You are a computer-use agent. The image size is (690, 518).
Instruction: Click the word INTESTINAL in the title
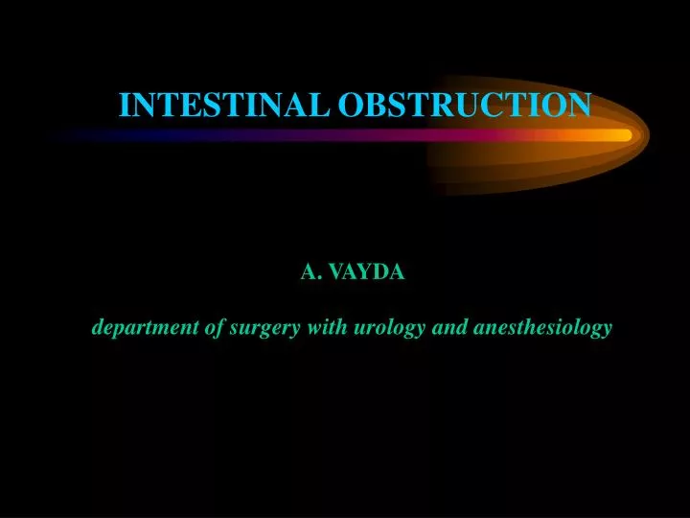[224, 104]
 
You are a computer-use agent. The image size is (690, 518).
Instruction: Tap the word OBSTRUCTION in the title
[464, 104]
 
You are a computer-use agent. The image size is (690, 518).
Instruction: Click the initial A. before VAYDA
[310, 272]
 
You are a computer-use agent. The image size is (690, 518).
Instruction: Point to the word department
[145, 328]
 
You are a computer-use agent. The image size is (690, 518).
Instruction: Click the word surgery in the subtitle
[264, 328]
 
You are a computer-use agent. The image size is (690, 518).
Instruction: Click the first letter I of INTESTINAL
[124, 104]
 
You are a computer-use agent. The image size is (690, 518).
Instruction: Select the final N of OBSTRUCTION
[581, 104]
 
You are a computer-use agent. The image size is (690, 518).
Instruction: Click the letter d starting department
[98, 328]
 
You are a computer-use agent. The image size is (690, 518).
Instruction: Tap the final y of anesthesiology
[607, 331]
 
